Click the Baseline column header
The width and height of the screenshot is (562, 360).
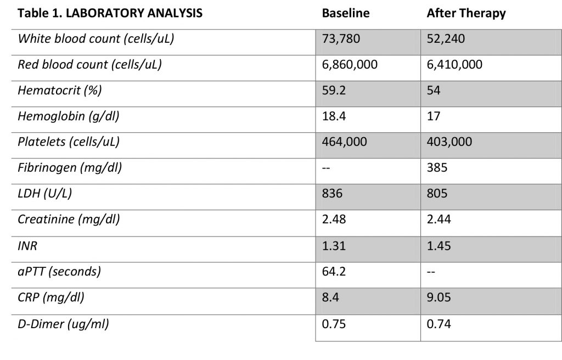coord(346,13)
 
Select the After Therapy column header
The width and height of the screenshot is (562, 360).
coord(466,14)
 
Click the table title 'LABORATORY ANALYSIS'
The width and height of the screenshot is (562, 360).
coord(134,13)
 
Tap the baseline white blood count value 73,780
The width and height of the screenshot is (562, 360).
coord(341,39)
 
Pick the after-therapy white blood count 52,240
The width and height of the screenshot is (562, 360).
coord(446,39)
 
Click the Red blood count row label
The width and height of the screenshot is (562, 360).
coord(89,65)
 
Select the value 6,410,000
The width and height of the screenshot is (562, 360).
coord(454,65)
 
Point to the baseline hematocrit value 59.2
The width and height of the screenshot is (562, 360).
coord(334,91)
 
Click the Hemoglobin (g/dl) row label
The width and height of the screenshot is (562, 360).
coord(69,116)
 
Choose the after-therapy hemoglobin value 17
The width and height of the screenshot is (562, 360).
coord(434,116)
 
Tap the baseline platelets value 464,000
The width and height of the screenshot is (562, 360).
coord(345,142)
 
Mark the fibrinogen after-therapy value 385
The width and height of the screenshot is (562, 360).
coord(437,168)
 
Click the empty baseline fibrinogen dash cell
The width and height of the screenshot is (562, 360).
coord(326,168)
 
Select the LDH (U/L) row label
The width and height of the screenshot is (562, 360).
coord(45,194)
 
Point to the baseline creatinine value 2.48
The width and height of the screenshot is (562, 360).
coord(334,220)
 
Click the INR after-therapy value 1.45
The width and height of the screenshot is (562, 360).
coord(439,246)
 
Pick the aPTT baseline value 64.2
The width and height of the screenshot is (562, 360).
coord(334,272)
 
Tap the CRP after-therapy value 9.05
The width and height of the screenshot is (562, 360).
coord(439,297)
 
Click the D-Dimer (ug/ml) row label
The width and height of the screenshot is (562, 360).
coord(64,324)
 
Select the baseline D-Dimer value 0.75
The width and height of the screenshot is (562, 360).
coord(334,324)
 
